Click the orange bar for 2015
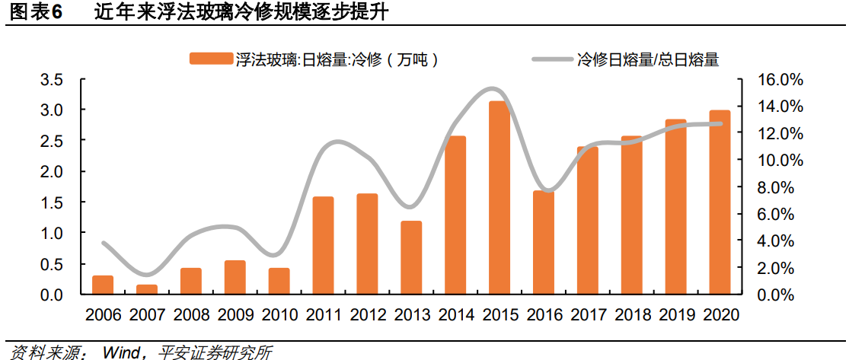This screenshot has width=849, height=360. coord(499,198)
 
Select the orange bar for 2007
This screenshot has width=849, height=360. coord(146,289)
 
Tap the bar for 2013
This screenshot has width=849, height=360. coord(411,257)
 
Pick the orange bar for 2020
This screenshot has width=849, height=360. coord(720,202)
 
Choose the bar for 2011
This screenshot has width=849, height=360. coord(323,245)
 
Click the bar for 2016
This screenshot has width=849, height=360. coord(543,242)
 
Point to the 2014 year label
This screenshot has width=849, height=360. coord(455,314)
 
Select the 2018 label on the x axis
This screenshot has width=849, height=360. coord(631,314)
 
